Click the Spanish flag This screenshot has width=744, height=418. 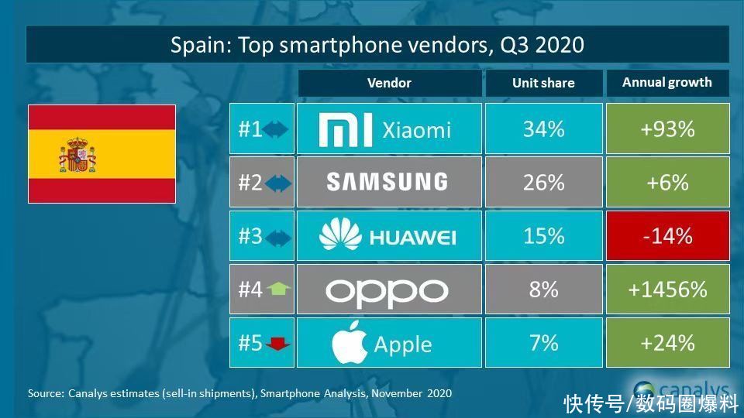pos(102,154)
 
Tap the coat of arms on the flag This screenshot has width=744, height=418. pos(77,154)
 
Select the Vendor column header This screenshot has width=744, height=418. pos(389,83)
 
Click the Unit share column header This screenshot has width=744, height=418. pos(543,83)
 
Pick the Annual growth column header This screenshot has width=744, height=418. pos(666,83)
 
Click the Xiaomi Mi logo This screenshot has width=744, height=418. pos(346,129)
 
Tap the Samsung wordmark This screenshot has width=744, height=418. pos(387,182)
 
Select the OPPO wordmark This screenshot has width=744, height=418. pos(387,290)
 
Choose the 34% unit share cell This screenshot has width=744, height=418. pos(543,129)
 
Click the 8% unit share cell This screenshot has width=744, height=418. pos(543,290)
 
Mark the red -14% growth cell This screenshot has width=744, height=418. pos(667,235)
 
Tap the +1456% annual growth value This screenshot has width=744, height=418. pos(667,290)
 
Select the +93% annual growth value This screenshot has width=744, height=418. pos(667,129)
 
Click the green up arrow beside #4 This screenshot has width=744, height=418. pos(277,290)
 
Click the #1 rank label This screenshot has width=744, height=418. pos(250,129)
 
